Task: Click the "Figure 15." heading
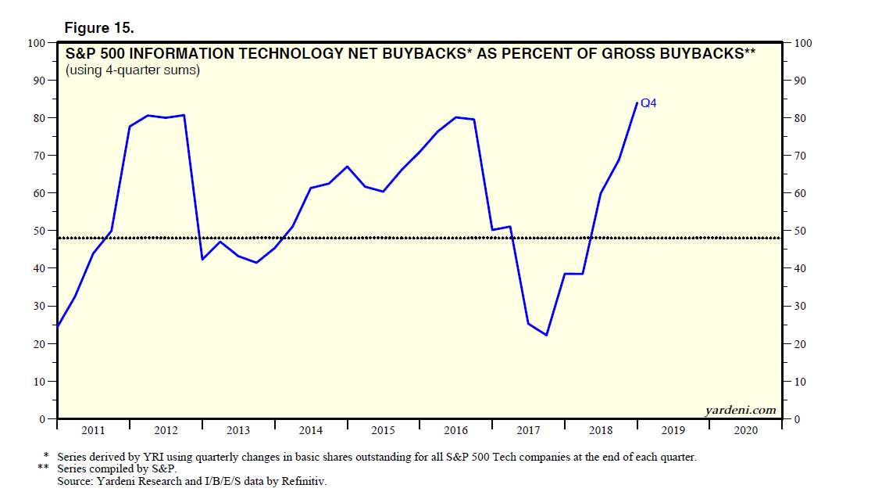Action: (98, 27)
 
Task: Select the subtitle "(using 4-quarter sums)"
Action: (133, 70)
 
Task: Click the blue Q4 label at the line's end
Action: (648, 102)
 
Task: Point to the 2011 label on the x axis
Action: (93, 430)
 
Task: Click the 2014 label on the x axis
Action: (310, 430)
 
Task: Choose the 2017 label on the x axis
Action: (528, 430)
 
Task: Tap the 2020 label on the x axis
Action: (745, 430)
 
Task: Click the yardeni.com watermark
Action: (739, 409)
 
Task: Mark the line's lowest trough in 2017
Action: (546, 336)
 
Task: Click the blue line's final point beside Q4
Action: (637, 103)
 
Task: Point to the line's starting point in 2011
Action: (57, 326)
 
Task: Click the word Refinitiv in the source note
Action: (300, 482)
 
